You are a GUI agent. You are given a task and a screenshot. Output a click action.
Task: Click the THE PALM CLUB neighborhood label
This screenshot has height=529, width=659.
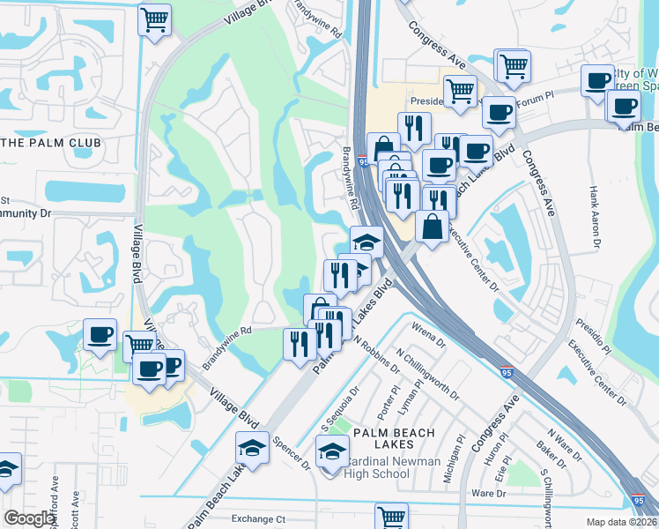(63, 143)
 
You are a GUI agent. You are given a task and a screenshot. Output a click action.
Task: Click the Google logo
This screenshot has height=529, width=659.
(30, 518)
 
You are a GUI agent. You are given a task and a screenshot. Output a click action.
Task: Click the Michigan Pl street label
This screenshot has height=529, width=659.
(460, 455)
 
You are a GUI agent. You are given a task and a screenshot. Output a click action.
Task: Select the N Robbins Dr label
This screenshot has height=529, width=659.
(376, 354)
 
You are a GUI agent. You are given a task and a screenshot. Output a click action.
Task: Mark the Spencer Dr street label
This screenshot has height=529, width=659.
(293, 451)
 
